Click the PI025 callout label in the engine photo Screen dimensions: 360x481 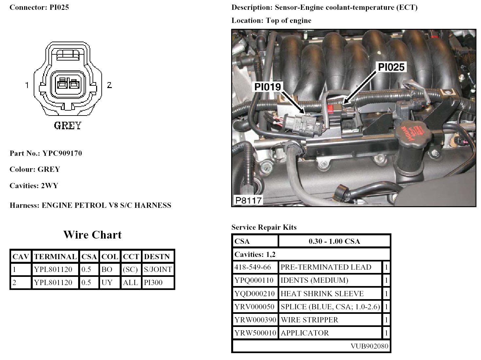391,67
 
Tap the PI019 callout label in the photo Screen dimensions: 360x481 267,87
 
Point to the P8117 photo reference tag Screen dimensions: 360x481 249,200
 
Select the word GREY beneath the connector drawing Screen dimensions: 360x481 67,126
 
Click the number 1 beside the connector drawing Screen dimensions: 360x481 27,85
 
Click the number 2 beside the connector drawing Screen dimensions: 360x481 109,85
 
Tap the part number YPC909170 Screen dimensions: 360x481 62,153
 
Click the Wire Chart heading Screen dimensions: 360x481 93,235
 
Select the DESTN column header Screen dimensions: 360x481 157,257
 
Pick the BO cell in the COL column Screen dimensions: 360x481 107,270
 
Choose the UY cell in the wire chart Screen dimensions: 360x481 107,283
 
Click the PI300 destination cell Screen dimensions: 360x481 153,283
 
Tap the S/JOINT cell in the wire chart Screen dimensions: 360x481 158,270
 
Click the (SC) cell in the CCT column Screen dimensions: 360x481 130,270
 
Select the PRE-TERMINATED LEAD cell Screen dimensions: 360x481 326,267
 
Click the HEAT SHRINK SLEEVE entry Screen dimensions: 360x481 322,294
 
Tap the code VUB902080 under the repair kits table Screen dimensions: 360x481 369,346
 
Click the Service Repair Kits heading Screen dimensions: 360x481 264,227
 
